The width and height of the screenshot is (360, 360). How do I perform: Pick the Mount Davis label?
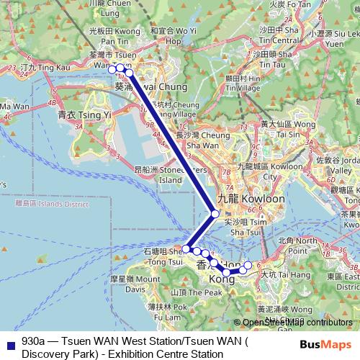[116, 284]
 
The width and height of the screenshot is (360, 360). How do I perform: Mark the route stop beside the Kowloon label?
[215, 214]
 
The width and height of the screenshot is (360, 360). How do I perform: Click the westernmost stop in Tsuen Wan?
[112, 69]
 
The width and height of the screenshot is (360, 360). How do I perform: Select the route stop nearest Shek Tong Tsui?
[186, 249]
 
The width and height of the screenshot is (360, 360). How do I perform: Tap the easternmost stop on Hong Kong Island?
[248, 266]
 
